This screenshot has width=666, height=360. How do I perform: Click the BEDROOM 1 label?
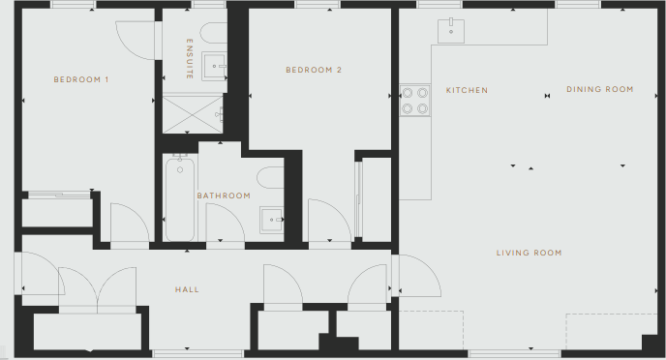pyautogui.click(x=81, y=78)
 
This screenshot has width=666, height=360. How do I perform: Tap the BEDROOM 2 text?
pyautogui.click(x=314, y=70)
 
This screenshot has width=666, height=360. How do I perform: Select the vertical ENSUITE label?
pyautogui.click(x=190, y=59)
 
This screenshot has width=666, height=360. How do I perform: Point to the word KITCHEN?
pyautogui.click(x=467, y=90)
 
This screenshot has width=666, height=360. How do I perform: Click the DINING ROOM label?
pyautogui.click(x=599, y=89)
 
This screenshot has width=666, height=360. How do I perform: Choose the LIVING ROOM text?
pyautogui.click(x=529, y=253)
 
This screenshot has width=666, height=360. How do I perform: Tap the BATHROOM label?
pyautogui.click(x=224, y=195)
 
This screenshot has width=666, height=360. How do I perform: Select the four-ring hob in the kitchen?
pyautogui.click(x=415, y=101)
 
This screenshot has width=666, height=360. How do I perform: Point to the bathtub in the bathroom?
pyautogui.click(x=180, y=200)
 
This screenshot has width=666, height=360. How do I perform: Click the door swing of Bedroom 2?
pyautogui.click(x=326, y=220)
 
